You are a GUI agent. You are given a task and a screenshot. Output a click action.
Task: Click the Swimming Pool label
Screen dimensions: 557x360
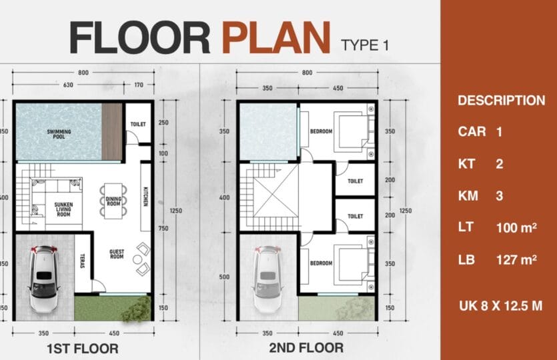(x=59, y=134)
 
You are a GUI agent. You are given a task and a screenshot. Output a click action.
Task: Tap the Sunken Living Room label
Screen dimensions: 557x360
(x=63, y=209)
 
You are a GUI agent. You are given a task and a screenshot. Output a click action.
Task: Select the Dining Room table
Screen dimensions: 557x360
(x=113, y=201)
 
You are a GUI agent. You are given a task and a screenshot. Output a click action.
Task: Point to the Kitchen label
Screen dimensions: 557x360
(x=145, y=196)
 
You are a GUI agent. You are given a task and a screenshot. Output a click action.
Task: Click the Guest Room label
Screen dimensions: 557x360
(x=117, y=254)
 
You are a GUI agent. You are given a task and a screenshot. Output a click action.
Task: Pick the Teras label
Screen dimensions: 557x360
(x=82, y=261)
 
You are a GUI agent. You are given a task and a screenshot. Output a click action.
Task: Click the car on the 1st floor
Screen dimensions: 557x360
(x=44, y=279)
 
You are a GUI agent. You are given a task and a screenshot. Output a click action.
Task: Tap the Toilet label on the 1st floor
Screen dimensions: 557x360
(x=138, y=124)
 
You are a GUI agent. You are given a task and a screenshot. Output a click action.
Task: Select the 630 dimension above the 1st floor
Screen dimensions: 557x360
(x=68, y=85)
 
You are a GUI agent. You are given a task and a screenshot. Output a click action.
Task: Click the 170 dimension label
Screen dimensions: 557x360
(x=139, y=85)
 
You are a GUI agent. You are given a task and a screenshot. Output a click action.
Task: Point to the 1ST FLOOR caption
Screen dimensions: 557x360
(x=83, y=349)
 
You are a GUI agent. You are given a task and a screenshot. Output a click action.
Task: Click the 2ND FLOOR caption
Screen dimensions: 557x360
(x=306, y=348)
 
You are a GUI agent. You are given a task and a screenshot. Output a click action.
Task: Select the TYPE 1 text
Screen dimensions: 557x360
(x=364, y=45)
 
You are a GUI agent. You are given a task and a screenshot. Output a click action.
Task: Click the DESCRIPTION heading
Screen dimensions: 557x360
(x=501, y=101)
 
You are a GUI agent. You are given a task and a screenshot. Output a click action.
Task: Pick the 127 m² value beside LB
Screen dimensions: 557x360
(x=516, y=260)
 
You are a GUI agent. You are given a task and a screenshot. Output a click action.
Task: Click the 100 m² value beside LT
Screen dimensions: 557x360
(x=516, y=227)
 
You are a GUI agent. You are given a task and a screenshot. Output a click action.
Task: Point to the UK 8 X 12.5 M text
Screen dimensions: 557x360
(x=500, y=306)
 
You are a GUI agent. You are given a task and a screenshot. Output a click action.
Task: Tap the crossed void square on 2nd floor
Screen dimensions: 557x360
(x=275, y=190)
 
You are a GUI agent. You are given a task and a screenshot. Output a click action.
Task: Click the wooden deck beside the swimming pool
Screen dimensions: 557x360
(x=112, y=132)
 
